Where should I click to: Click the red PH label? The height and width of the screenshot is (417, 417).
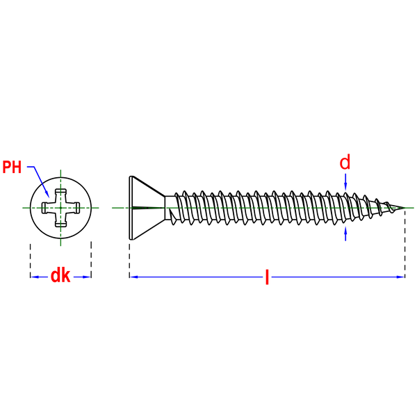point(12,167)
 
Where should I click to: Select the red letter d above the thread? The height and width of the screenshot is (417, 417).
point(345,163)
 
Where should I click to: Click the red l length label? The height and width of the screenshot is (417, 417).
point(267,277)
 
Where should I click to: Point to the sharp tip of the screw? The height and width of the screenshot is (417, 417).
point(404,208)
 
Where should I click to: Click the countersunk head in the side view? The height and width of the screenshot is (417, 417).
point(147,208)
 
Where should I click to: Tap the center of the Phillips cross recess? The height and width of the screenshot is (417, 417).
point(60,208)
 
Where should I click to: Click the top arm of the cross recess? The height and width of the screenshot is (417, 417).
point(60,195)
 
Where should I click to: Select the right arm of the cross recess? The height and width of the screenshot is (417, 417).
point(74,208)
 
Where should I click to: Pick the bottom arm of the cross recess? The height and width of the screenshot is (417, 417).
point(60,221)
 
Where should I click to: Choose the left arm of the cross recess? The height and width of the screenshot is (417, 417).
point(47,208)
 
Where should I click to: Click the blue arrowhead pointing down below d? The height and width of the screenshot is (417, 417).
point(345,186)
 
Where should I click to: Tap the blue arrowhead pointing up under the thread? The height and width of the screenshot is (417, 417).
point(345,230)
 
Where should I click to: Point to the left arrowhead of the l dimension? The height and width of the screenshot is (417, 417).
point(134,277)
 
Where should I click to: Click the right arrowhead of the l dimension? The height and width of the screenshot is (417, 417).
point(400,277)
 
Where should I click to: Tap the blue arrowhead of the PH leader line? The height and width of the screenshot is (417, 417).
point(47,194)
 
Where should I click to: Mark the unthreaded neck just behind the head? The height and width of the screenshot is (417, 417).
point(170,208)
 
